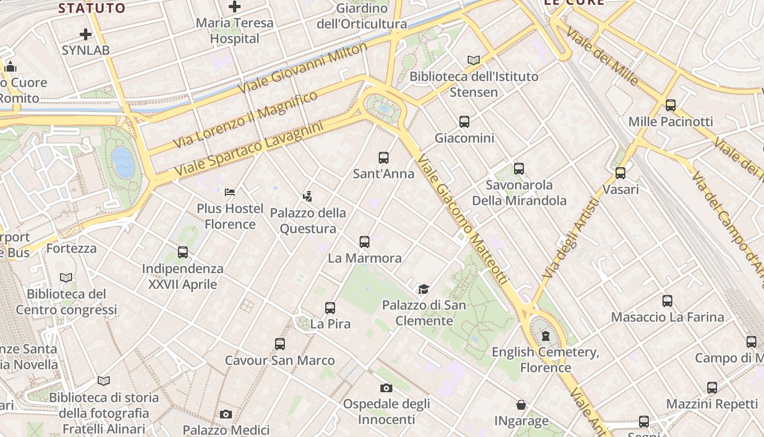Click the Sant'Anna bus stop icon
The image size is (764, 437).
click(384, 158)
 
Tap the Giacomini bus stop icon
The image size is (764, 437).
click(464, 122)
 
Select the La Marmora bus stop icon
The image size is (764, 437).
click(365, 241)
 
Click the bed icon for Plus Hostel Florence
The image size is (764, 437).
click(230, 192)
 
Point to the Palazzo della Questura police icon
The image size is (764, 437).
click(308, 196)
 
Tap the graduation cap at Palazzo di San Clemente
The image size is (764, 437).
click(423, 289)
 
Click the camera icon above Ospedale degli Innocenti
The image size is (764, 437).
click(386, 388)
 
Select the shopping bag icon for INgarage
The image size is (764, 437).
click(521, 405)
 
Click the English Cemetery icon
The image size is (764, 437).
click(546, 336)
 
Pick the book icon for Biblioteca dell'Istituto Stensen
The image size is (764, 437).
click(474, 60)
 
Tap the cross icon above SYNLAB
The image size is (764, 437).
click(86, 34)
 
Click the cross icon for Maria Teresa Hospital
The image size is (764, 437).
click(235, 7)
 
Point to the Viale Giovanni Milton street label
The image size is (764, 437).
click(303, 68)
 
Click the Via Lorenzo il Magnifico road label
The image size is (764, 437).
click(246, 119)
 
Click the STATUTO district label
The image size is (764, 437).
click(92, 8)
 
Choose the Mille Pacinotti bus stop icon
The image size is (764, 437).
click(671, 105)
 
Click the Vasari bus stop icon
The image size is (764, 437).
click(620, 173)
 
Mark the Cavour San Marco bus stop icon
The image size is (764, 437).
click(280, 344)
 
